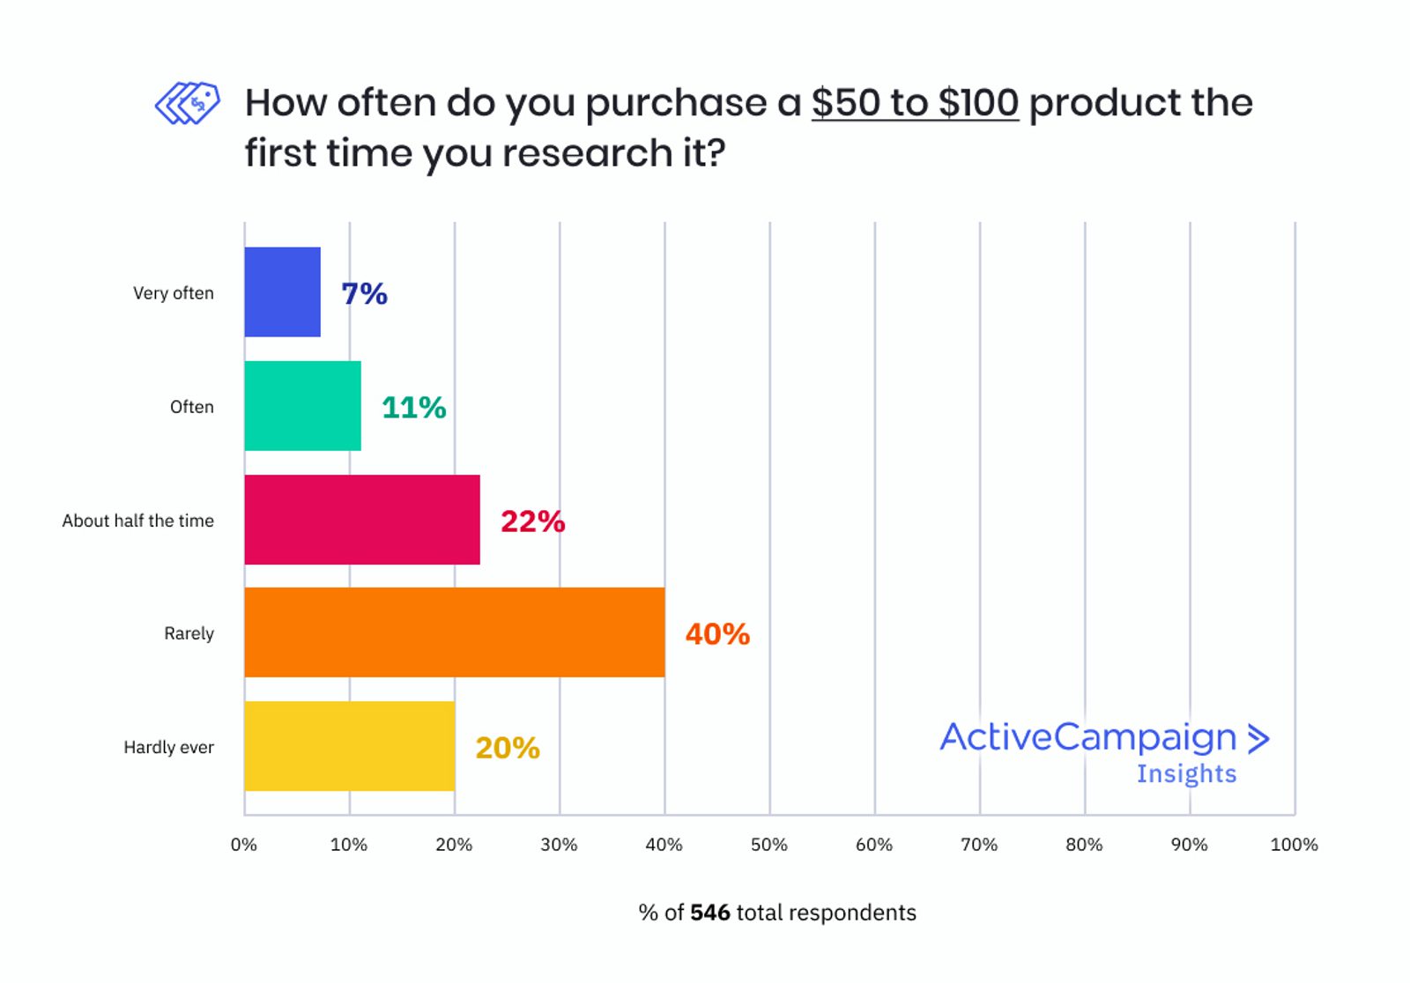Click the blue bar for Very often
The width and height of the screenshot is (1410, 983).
pyautogui.click(x=282, y=292)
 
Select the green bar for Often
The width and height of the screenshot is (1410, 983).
pyautogui.click(x=302, y=406)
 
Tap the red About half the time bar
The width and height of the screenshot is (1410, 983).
pyautogui.click(x=362, y=520)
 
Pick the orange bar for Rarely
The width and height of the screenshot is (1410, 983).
pyautogui.click(x=454, y=632)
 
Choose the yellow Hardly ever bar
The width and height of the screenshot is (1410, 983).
pyautogui.click(x=349, y=746)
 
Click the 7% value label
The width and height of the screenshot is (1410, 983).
pyautogui.click(x=364, y=293)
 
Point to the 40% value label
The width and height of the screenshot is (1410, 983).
pyautogui.click(x=717, y=634)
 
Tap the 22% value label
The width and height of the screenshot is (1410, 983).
pyautogui.click(x=532, y=521)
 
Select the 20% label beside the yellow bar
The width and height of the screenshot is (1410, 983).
pyautogui.click(x=508, y=748)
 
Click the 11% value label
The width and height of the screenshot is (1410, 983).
pyautogui.click(x=413, y=408)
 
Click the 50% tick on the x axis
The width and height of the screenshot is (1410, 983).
pyautogui.click(x=768, y=845)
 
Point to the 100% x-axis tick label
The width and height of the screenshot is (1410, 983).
pyautogui.click(x=1294, y=845)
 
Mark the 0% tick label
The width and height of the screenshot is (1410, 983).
pyautogui.click(x=244, y=845)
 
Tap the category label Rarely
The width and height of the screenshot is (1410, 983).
pyautogui.click(x=189, y=633)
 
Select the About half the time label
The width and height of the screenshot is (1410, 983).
pyautogui.click(x=137, y=521)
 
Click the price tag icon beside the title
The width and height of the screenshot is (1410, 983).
pyautogui.click(x=188, y=104)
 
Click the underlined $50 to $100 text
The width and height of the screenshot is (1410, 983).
pyautogui.click(x=915, y=103)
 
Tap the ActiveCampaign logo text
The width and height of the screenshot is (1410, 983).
pyautogui.click(x=1088, y=737)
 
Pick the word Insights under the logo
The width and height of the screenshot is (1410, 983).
pyautogui.click(x=1186, y=774)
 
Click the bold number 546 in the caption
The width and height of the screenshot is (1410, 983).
pyautogui.click(x=710, y=913)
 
